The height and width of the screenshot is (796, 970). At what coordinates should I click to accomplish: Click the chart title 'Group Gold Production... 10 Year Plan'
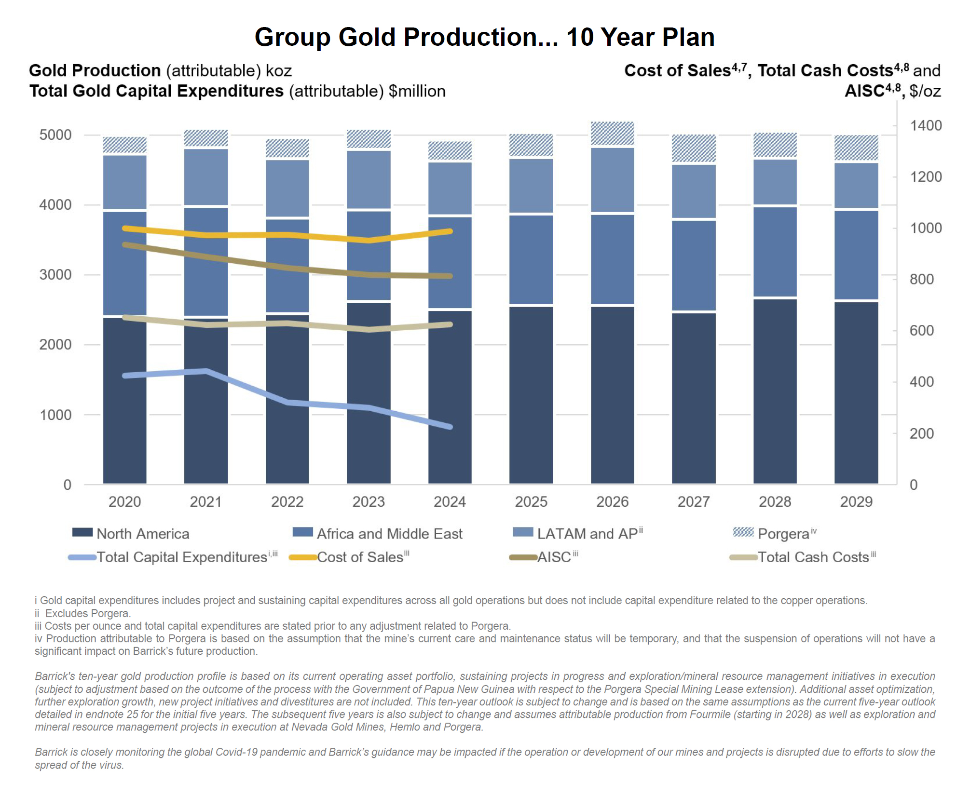pos(484,37)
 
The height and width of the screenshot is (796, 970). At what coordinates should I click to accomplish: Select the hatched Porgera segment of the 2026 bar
pos(612,134)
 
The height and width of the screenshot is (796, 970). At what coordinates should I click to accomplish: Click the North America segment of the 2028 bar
pos(775,391)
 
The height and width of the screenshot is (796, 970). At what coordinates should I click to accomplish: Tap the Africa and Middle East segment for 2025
pos(531,259)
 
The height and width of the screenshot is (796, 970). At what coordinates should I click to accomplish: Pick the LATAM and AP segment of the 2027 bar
pos(694,191)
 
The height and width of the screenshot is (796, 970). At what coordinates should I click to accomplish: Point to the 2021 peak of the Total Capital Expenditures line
pos(206,371)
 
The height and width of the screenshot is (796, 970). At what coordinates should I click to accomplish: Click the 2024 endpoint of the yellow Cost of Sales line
pos(450,231)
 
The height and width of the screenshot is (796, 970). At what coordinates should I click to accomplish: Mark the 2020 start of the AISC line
pos(125,245)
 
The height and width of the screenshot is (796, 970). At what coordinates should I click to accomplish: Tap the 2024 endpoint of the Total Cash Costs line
pos(450,324)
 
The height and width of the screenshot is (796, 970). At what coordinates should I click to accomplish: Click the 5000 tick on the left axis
pos(55,135)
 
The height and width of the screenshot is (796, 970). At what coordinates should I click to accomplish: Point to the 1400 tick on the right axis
pos(925,126)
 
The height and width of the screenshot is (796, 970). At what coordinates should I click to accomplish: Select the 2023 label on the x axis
pos(369,502)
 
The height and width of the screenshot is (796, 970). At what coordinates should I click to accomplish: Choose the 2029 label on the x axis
pos(856,502)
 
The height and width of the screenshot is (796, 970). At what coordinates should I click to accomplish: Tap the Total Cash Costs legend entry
pos(813,557)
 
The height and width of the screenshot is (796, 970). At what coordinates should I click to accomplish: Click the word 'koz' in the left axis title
pos(279,71)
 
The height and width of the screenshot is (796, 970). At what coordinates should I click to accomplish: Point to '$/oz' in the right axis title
pos(925,91)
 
